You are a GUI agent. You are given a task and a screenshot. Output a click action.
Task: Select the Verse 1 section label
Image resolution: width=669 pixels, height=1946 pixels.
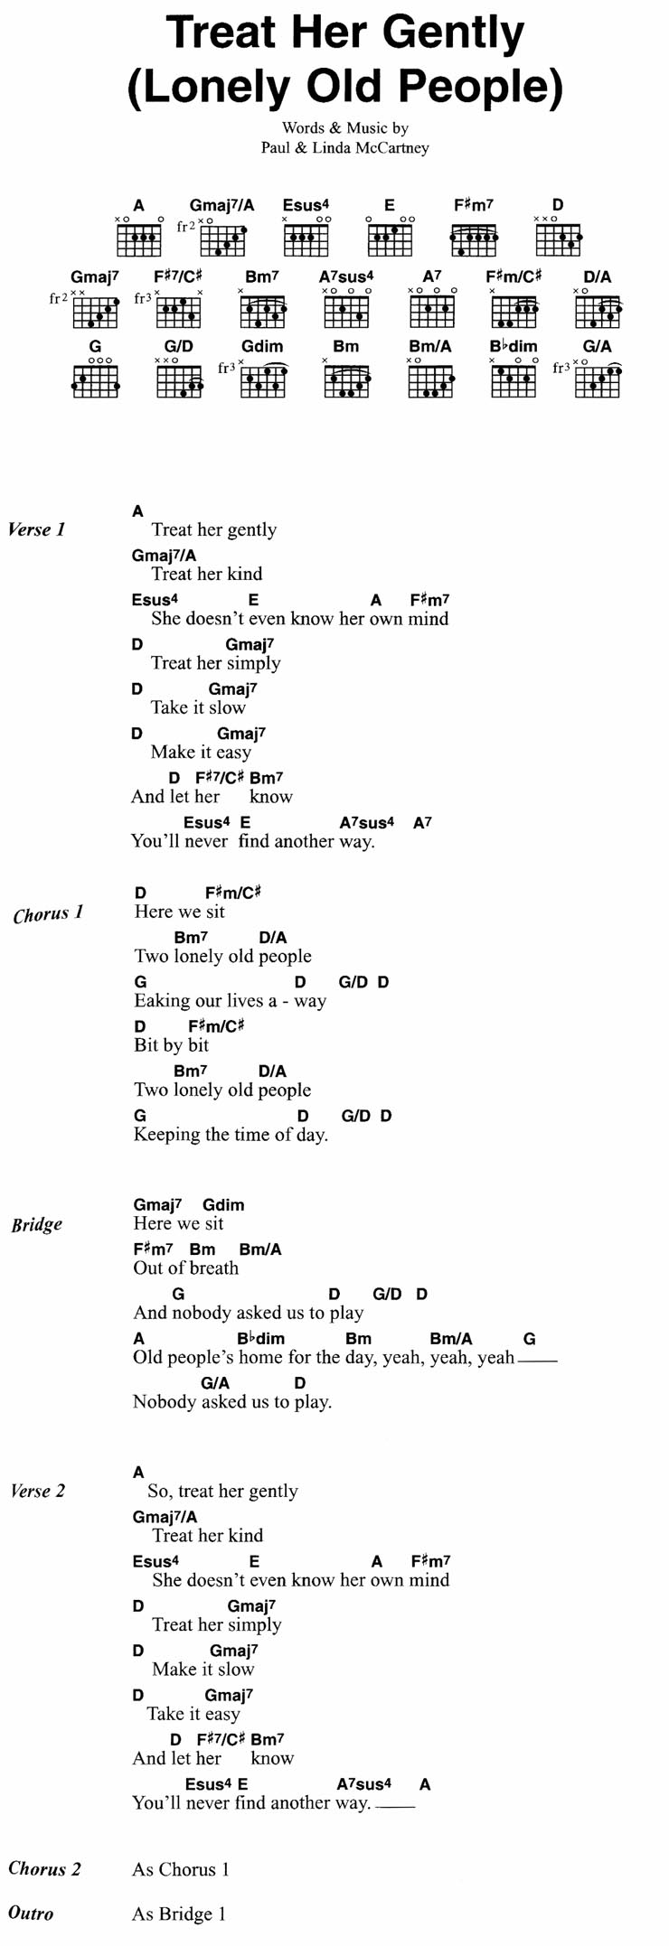(37, 530)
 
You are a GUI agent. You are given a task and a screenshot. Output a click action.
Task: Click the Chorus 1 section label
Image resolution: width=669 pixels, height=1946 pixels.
(48, 914)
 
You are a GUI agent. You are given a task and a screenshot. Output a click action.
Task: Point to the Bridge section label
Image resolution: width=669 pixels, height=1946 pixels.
(37, 1225)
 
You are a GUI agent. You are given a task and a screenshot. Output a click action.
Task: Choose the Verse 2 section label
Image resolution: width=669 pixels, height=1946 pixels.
(38, 1492)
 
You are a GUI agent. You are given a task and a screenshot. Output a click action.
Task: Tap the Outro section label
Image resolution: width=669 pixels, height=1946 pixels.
(31, 1913)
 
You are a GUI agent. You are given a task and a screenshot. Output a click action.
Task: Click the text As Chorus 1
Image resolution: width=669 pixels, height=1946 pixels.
(181, 1870)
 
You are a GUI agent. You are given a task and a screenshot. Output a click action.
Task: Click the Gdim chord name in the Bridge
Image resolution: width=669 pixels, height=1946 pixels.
(223, 1204)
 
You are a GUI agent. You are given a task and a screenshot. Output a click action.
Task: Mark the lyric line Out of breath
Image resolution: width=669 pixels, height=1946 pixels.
(186, 1268)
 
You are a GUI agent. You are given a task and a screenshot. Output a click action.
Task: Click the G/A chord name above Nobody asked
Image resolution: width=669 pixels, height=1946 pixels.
(215, 1382)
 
